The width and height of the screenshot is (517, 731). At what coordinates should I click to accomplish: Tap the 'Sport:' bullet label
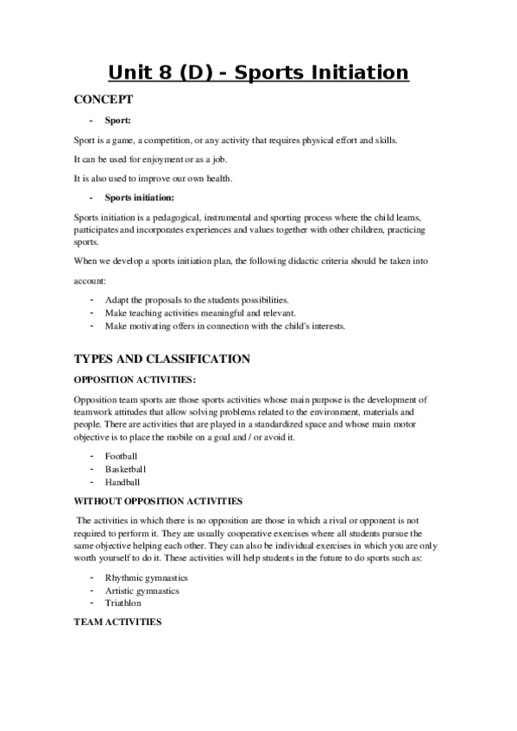(118, 121)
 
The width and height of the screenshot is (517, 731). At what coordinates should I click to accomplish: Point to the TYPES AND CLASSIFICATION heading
(162, 359)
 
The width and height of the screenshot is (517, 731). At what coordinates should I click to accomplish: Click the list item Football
(121, 455)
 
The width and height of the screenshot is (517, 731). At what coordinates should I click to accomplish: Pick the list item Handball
(123, 482)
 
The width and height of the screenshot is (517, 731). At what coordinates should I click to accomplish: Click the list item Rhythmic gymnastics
(147, 577)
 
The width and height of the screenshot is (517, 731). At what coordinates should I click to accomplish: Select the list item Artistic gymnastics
(142, 590)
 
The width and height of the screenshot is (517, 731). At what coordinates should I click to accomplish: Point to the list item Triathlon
(123, 603)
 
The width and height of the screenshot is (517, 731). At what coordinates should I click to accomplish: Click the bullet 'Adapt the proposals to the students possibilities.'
(203, 299)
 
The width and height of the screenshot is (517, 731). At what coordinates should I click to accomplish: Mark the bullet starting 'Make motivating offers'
(225, 327)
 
